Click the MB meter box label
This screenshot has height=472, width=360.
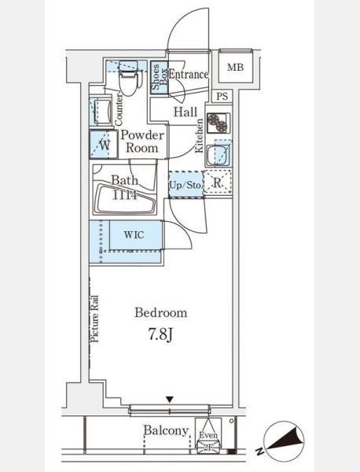point(235,67)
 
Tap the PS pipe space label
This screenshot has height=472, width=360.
point(222,96)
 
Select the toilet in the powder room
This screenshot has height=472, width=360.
point(130,78)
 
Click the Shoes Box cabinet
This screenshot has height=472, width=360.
point(159,78)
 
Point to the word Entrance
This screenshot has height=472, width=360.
point(189,74)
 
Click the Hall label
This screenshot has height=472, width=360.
point(186,112)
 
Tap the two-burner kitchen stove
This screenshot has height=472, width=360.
point(219,123)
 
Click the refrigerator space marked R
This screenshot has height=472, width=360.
point(218,183)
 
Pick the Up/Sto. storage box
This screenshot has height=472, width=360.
point(186,184)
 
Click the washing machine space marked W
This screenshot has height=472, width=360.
point(104,145)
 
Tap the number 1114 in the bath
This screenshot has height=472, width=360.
point(124,195)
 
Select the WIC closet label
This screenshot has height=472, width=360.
point(134,234)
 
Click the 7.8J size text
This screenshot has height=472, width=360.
point(160,334)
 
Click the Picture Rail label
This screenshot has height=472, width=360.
point(95,319)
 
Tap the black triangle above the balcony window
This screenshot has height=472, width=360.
point(170,400)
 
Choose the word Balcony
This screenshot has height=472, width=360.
point(166,431)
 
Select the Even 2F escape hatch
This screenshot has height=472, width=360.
point(208,436)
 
